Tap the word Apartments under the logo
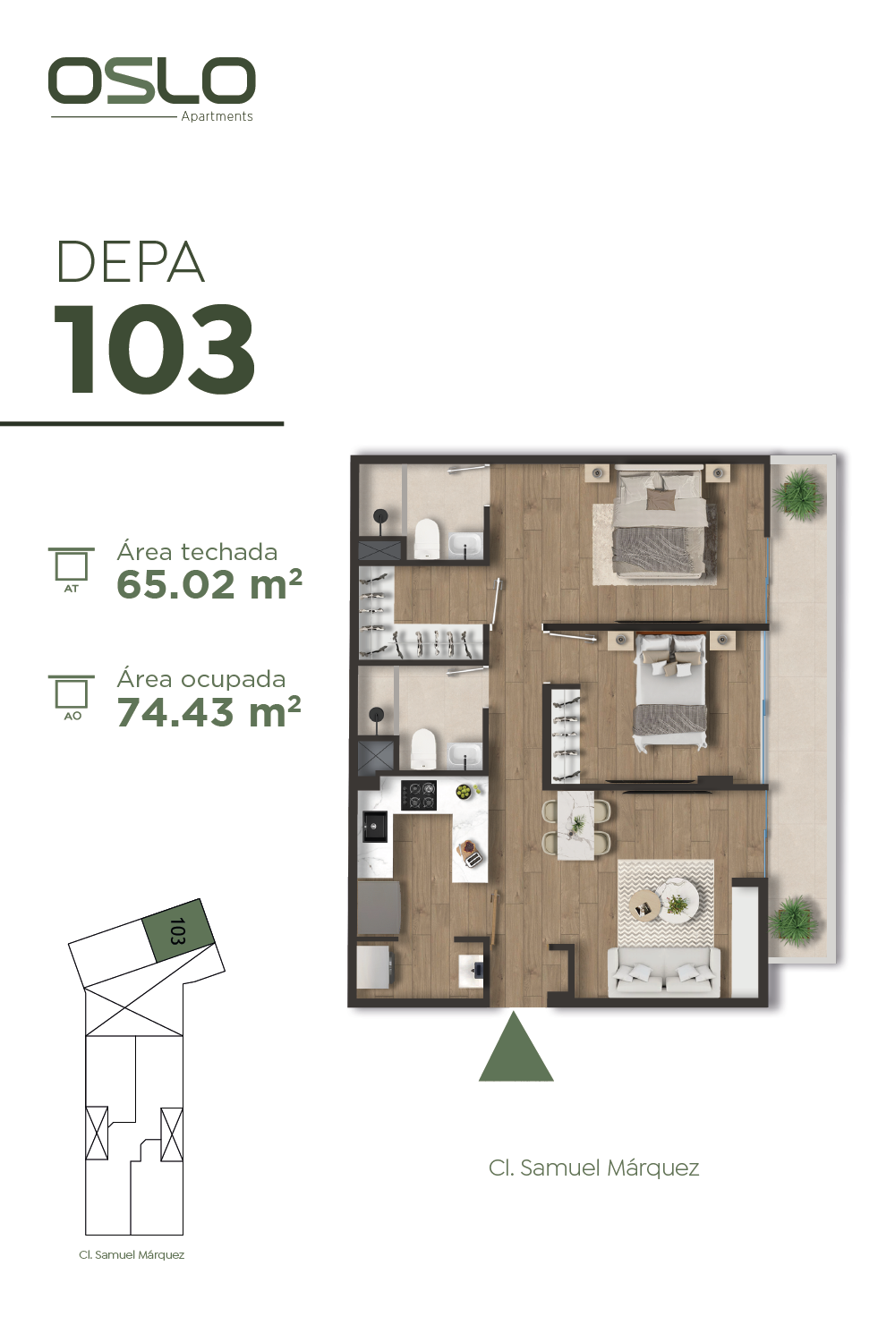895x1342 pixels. [x=217, y=116]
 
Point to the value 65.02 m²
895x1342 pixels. [x=209, y=584]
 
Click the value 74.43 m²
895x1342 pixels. [x=209, y=711]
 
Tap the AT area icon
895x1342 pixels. [x=72, y=569]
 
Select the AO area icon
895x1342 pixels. [x=72, y=697]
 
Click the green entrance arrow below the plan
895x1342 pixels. [x=516, y=1047]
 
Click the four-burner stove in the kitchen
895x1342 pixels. [x=419, y=795]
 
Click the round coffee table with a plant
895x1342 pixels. [x=678, y=900]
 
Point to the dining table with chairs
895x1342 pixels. [x=576, y=826]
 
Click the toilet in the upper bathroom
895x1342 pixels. [x=427, y=538]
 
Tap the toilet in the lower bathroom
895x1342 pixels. [x=423, y=748]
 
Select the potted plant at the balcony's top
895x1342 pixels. [x=797, y=494]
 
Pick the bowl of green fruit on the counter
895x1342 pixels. [x=464, y=792]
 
